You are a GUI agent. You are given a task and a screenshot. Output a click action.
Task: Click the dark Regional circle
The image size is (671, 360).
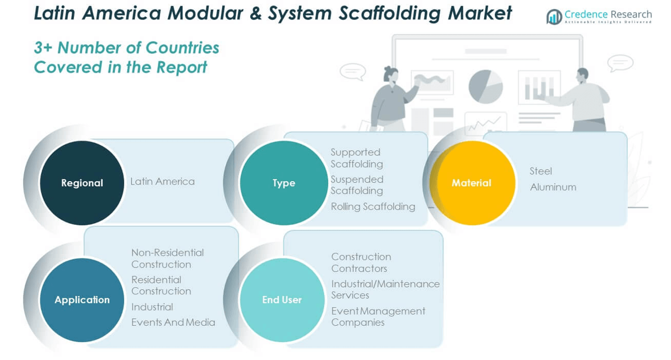point(82,183)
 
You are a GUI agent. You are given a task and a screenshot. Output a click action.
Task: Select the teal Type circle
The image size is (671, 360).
point(283,183)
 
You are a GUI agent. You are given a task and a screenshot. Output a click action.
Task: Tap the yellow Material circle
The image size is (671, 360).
point(471,183)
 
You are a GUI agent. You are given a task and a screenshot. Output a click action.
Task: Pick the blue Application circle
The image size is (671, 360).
point(82,299)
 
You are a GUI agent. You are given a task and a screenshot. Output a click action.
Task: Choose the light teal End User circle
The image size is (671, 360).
point(282,299)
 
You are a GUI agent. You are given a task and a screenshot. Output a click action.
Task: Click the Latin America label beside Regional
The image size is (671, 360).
point(162,181)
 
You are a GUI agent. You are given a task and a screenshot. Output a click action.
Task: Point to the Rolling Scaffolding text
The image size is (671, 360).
point(373,206)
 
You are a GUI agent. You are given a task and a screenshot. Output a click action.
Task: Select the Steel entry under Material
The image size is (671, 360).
point(540,171)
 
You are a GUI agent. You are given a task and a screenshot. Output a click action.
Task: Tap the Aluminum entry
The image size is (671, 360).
point(553,187)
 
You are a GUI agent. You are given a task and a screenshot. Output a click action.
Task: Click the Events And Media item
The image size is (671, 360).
point(173,322)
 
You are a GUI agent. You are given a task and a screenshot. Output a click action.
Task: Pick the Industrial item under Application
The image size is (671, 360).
point(152,307)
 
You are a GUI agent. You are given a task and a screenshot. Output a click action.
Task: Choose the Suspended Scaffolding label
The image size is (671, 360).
point(357,185)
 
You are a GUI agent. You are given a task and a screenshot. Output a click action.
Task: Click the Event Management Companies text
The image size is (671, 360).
point(378,316)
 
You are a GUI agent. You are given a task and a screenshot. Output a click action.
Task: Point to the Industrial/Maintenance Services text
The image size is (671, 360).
point(385,289)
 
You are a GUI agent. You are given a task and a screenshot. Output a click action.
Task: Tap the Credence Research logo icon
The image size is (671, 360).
point(554,17)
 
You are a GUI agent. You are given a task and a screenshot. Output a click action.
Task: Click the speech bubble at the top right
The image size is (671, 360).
point(620,63)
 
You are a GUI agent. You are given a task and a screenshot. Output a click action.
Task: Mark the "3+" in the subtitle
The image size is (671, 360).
point(44,48)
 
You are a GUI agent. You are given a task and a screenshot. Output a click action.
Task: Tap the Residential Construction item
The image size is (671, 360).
point(161,285)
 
